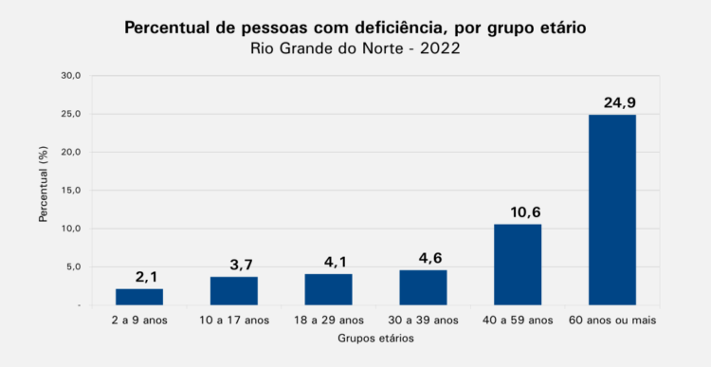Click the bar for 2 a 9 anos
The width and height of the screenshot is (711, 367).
pyautogui.click(x=139, y=297)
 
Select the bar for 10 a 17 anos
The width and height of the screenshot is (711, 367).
pyautogui.click(x=234, y=291)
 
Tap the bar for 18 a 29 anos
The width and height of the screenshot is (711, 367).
pyautogui.click(x=328, y=289)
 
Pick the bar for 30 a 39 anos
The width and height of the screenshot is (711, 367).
pyautogui.click(x=423, y=287)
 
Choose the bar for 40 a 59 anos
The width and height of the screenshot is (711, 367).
pyautogui.click(x=518, y=265)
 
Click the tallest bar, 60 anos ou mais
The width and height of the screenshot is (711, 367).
pyautogui.click(x=612, y=210)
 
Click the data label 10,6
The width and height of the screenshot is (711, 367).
pyautogui.click(x=525, y=212)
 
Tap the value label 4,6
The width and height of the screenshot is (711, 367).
pyautogui.click(x=430, y=258)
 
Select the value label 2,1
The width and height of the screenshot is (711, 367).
pyautogui.click(x=146, y=277)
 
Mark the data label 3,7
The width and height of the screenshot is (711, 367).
pyautogui.click(x=241, y=265)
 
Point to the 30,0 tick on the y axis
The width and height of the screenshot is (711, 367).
pyautogui.click(x=71, y=75)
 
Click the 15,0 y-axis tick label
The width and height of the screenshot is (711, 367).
pyautogui.click(x=71, y=190)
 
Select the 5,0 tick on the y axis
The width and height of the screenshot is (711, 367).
pyautogui.click(x=73, y=266)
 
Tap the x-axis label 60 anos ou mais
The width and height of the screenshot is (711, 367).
pyautogui.click(x=612, y=321)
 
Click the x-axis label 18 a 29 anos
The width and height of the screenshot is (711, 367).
pyautogui.click(x=328, y=321)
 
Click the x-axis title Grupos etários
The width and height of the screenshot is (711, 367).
pyautogui.click(x=376, y=339)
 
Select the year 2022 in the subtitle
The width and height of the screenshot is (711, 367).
pyautogui.click(x=440, y=48)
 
